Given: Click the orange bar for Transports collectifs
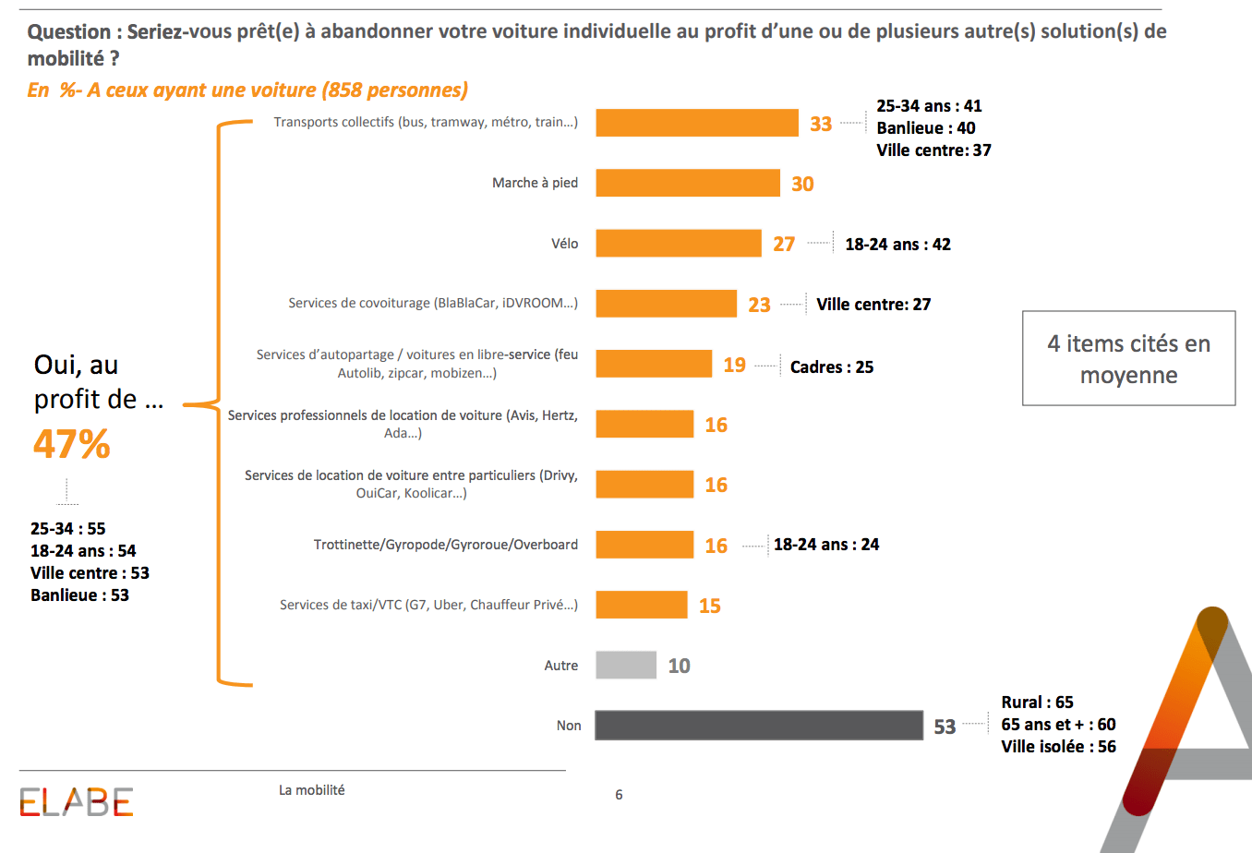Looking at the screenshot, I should click(696, 123).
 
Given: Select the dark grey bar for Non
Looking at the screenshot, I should click(758, 726).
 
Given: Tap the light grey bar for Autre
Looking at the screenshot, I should click(625, 666).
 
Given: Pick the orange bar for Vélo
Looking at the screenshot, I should click(678, 244).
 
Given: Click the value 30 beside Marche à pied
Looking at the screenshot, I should click(802, 184).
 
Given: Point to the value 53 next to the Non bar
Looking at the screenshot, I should click(945, 727).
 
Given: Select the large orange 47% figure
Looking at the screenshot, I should click(72, 444).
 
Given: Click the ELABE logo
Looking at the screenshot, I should click(77, 802).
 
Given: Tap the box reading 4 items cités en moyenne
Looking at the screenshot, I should click(1128, 358).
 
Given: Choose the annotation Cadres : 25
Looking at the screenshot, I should click(831, 366).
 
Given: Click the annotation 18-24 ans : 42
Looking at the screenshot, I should click(897, 245).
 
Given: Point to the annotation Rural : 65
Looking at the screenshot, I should click(1037, 703).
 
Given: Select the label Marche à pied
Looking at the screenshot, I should click(535, 183).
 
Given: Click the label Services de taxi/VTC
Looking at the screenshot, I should click(428, 605).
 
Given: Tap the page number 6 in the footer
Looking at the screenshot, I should click(619, 795).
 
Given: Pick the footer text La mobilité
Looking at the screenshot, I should click(311, 790).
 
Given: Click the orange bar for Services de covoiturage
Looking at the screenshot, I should click(666, 304).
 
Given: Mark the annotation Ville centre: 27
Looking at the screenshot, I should click(873, 305).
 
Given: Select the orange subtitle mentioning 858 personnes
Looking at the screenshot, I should click(247, 90).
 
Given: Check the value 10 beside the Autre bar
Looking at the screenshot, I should click(679, 667).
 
